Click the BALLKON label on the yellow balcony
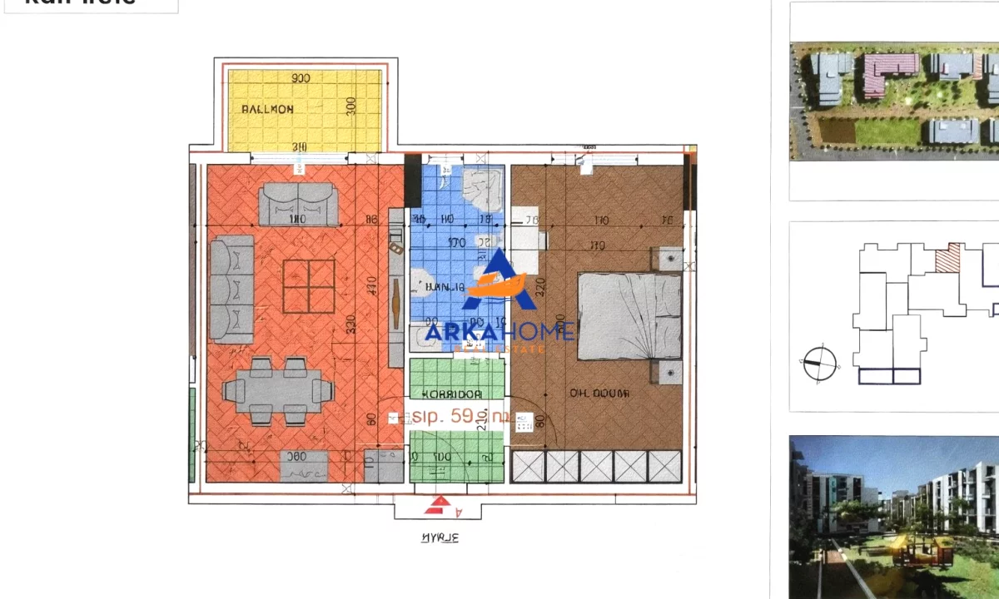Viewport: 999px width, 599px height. click(267, 109)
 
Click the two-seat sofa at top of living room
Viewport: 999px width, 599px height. click(298, 205)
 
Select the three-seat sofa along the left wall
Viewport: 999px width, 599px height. click(231, 289)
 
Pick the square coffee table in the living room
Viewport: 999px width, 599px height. click(309, 285)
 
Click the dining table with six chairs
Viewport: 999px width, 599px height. click(278, 391)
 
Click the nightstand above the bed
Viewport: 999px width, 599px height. click(669, 259)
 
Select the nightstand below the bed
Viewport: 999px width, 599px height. click(669, 372)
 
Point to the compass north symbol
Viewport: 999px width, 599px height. click(820, 362)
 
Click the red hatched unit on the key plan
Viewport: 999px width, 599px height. click(949, 259)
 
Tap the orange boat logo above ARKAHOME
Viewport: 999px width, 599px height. click(497, 279)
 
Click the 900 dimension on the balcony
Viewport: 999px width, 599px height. click(301, 78)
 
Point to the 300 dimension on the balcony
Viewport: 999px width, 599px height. click(351, 106)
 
